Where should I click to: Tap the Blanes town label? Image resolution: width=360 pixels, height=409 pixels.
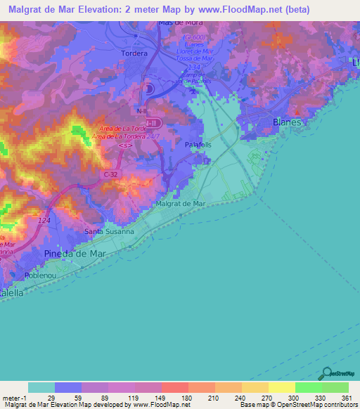pyautogui.click(x=286, y=122)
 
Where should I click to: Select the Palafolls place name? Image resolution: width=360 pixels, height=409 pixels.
pyautogui.click(x=198, y=143)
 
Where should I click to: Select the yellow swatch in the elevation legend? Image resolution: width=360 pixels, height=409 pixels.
pyautogui.click(x=281, y=387)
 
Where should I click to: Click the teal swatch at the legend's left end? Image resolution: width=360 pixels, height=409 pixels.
pyautogui.click(x=41, y=387)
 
